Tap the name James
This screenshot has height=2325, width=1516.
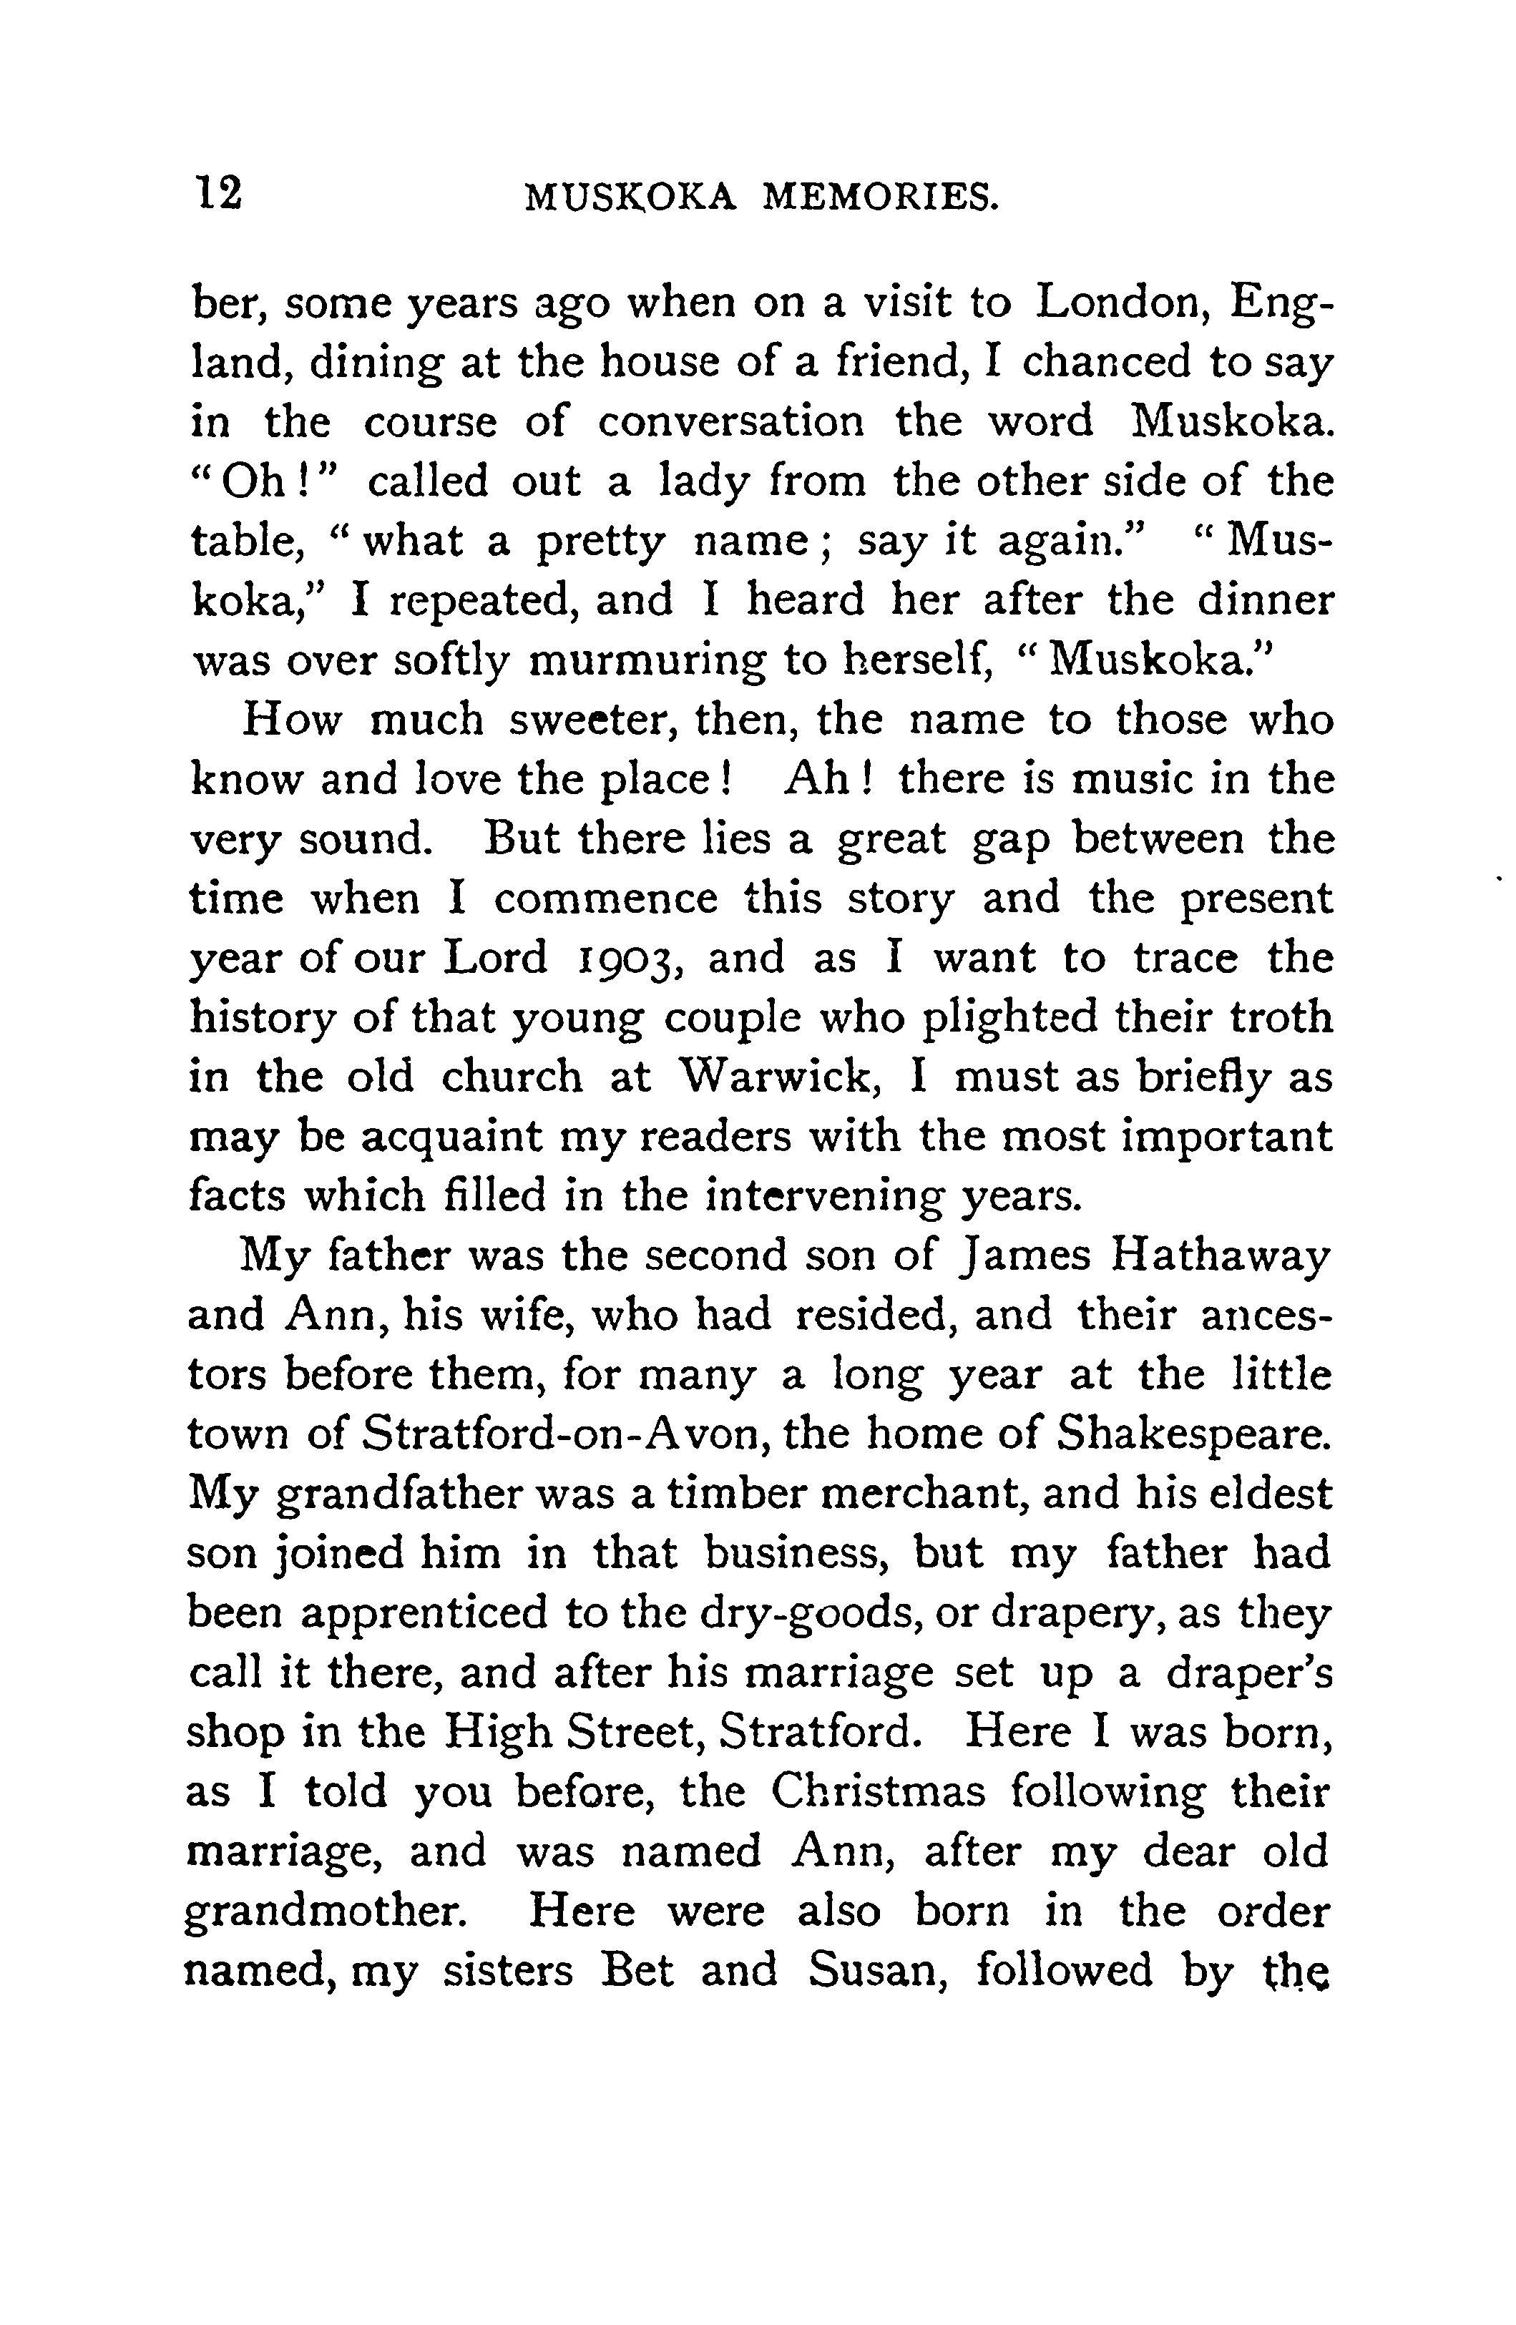coord(1022,1256)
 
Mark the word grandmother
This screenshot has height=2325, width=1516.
coord(323,1913)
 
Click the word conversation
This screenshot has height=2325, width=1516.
coord(732,423)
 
